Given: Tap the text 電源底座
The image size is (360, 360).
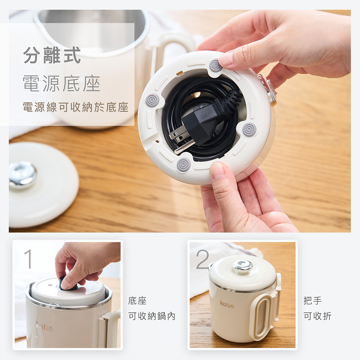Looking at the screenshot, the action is (62, 84).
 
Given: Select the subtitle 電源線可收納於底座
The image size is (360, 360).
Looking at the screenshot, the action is (76, 107).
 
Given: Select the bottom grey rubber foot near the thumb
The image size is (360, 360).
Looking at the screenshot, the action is (184, 165).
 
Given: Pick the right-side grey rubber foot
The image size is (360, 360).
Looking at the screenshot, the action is (249, 129).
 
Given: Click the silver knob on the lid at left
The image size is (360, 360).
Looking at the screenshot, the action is (22, 174).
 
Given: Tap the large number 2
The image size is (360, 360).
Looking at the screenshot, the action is (202, 259).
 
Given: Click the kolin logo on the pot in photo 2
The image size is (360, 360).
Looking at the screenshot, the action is (227, 304).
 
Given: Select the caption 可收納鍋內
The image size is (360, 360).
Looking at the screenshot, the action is (152, 316).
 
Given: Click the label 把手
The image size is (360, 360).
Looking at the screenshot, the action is (312, 300).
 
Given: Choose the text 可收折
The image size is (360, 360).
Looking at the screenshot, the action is (318, 316).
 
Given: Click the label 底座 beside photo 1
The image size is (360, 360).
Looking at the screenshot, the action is (137, 301).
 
